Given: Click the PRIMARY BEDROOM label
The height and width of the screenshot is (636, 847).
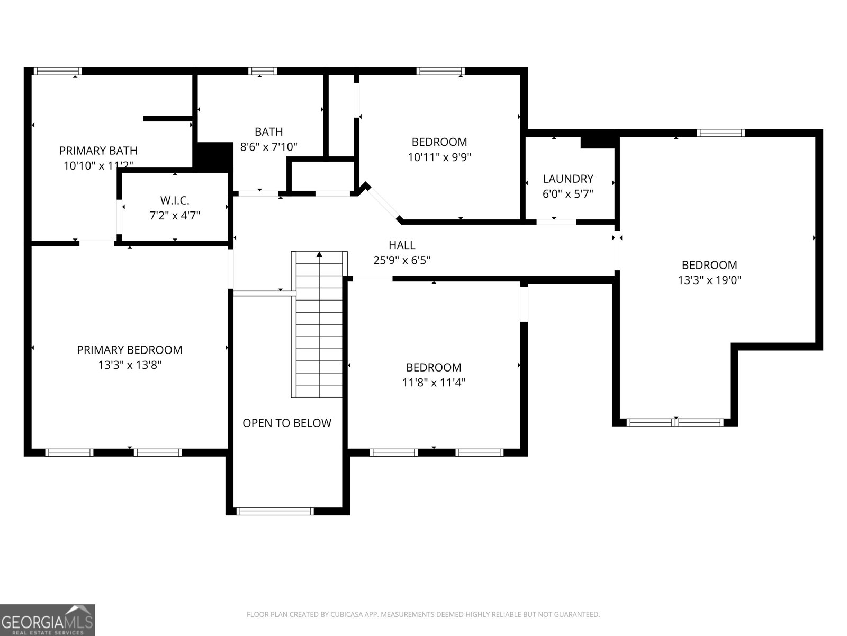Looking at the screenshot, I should (130, 350).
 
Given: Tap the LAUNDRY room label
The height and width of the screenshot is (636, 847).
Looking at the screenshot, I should (568, 179).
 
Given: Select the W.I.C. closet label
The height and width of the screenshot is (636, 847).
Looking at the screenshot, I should (175, 200).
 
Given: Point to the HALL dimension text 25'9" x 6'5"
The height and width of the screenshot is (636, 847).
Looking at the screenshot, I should (402, 260).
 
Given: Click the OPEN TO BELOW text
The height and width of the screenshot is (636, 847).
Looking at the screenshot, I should (287, 423).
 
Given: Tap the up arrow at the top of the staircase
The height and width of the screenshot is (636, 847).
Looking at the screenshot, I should (319, 255).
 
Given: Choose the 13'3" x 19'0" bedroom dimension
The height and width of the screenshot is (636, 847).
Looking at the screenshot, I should (709, 280).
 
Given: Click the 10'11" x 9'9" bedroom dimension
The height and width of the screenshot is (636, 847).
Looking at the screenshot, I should (439, 157).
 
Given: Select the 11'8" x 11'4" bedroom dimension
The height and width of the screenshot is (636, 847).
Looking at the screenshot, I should (434, 382).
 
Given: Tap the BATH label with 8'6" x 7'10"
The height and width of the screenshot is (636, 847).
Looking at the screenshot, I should (269, 131).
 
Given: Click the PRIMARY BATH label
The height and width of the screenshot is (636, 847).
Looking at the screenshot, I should (98, 151).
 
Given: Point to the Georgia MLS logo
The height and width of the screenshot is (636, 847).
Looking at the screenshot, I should (48, 620).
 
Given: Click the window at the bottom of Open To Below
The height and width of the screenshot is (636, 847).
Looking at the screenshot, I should (274, 511).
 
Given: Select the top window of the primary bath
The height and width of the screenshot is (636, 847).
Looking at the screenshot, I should (58, 71).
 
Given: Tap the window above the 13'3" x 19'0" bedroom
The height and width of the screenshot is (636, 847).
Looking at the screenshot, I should (720, 133).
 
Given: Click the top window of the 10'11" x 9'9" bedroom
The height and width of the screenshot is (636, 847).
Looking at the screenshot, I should (440, 71).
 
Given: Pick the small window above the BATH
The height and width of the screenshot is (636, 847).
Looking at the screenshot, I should (263, 71).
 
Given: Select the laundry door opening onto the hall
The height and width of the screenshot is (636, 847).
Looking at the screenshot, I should (556, 222).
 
